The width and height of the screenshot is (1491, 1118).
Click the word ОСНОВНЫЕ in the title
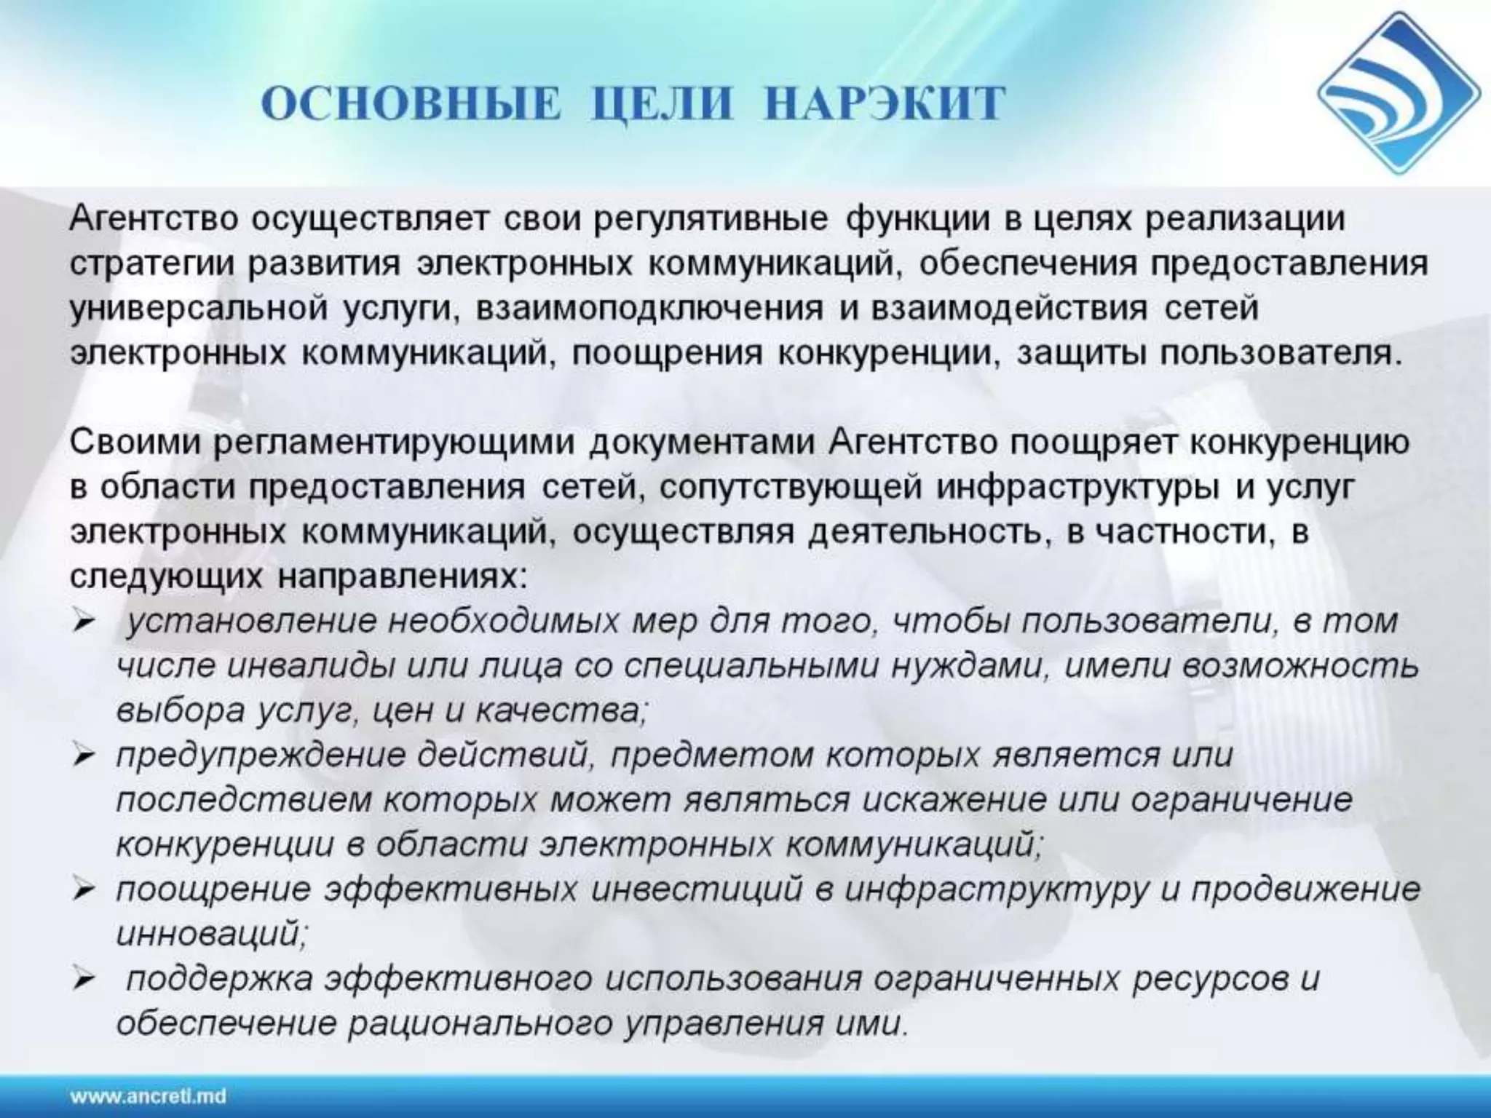(x=412, y=103)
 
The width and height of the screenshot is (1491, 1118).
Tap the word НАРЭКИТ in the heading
(x=885, y=103)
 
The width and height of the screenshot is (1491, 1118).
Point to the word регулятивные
(x=711, y=219)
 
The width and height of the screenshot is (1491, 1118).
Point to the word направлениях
(x=401, y=577)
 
